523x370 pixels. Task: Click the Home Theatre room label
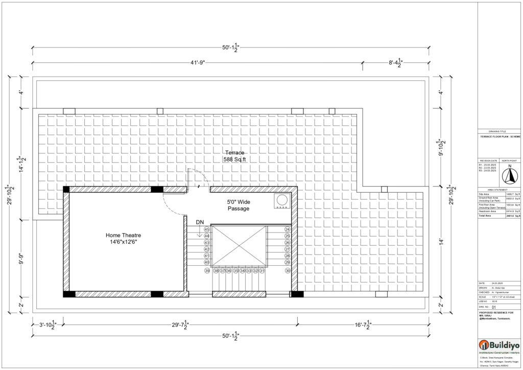click(x=123, y=238)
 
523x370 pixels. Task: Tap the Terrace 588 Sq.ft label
click(x=235, y=156)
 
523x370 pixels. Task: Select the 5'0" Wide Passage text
click(x=238, y=205)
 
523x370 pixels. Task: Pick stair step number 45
click(x=207, y=229)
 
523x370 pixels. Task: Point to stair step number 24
click(x=288, y=229)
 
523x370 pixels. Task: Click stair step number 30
click(x=288, y=270)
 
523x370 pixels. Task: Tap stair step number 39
click(x=207, y=270)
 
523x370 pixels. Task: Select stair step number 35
click(x=235, y=270)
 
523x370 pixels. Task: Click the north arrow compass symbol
click(x=509, y=176)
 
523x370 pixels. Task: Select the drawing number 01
click(x=494, y=307)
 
